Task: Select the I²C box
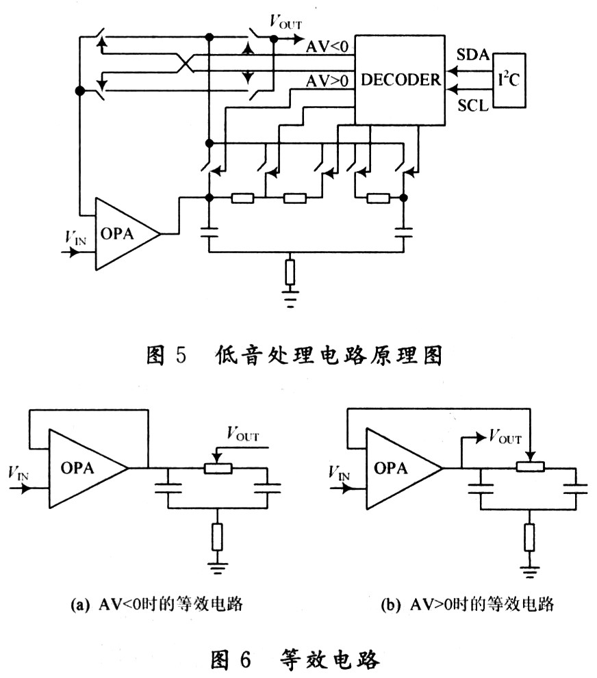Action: (x=509, y=79)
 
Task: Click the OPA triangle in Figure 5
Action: (x=123, y=234)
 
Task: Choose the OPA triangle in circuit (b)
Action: (x=398, y=468)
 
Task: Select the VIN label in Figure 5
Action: (x=76, y=238)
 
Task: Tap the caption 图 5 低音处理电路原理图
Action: (x=298, y=356)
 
